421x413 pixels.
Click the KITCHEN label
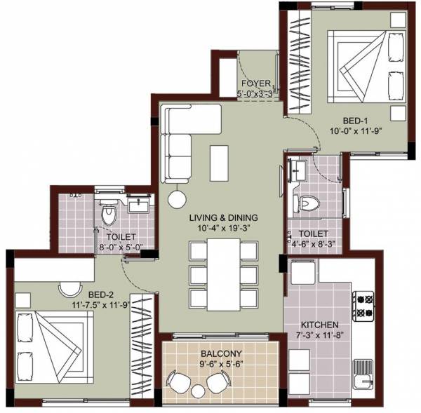tap(320, 325)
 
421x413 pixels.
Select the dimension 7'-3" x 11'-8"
tap(320, 336)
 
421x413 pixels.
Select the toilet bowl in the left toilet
tap(108, 216)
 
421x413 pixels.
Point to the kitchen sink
tap(364, 382)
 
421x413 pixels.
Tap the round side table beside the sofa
tap(175, 197)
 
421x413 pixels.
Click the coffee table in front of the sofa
tap(218, 156)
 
